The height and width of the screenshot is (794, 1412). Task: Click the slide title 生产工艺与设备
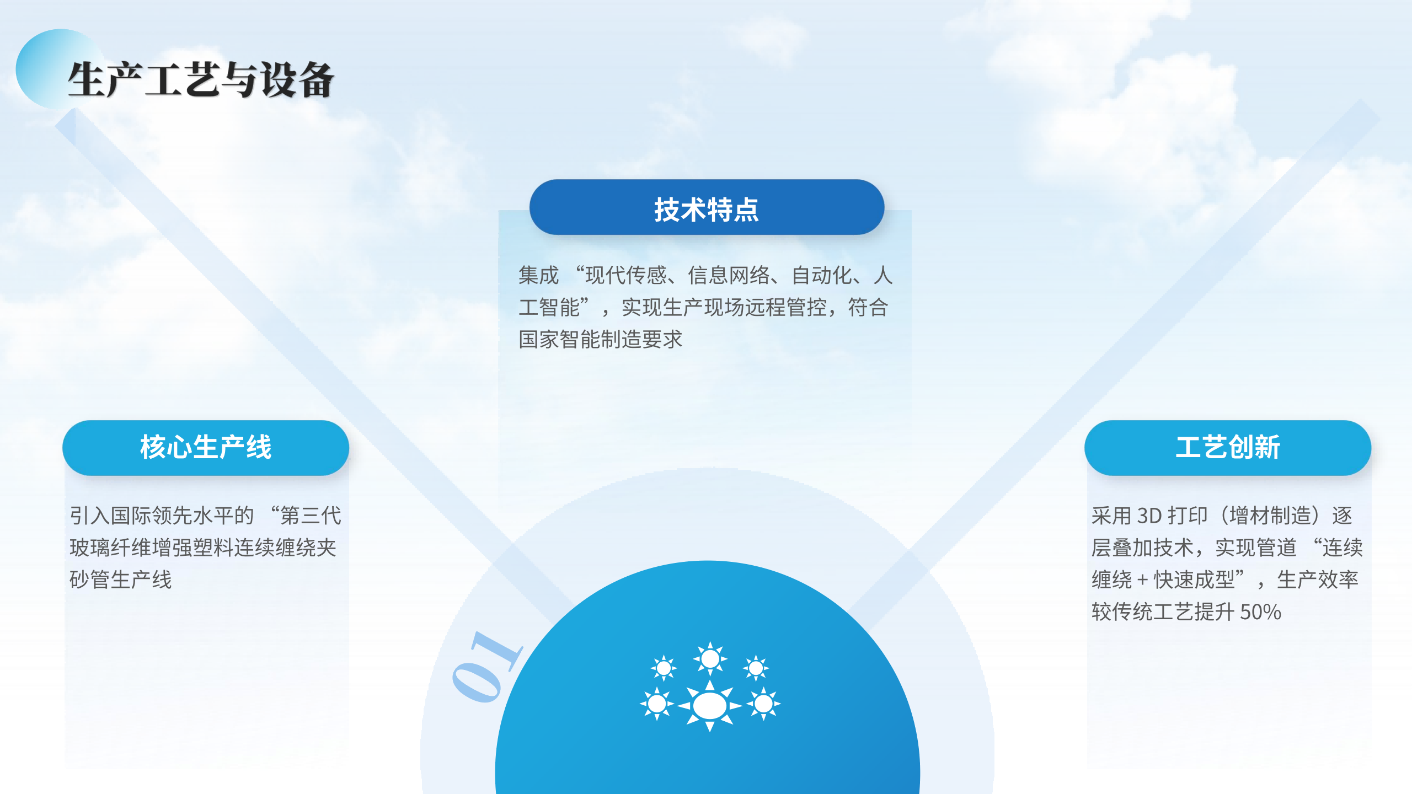pyautogui.click(x=201, y=80)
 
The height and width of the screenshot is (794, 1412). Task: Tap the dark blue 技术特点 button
pyautogui.click(x=707, y=207)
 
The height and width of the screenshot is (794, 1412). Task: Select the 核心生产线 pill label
pyautogui.click(x=206, y=447)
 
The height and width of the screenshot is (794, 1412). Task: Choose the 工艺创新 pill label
pyautogui.click(x=1228, y=447)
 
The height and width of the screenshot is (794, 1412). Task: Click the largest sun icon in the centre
pyautogui.click(x=710, y=706)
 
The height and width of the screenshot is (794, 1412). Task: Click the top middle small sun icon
pyautogui.click(x=710, y=658)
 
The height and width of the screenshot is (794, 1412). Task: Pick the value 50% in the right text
pyautogui.click(x=1260, y=612)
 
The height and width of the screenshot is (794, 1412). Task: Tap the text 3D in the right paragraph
pyautogui.click(x=1150, y=516)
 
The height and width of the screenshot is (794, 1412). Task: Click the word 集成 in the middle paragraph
pyautogui.click(x=539, y=275)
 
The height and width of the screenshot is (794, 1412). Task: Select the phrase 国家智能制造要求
pyautogui.click(x=601, y=340)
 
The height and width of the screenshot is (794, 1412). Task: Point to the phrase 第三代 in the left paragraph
pyautogui.click(x=311, y=516)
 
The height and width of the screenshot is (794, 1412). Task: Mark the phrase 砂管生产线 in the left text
pyautogui.click(x=121, y=580)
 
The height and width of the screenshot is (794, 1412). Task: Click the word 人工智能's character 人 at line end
pyautogui.click(x=883, y=275)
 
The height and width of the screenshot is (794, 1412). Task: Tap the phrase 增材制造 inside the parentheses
pyautogui.click(x=1270, y=516)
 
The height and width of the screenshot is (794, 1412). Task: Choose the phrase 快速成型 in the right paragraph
pyautogui.click(x=1194, y=580)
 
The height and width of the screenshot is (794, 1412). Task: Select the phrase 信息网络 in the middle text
pyautogui.click(x=729, y=275)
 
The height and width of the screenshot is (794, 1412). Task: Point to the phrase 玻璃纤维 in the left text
pyautogui.click(x=110, y=548)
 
